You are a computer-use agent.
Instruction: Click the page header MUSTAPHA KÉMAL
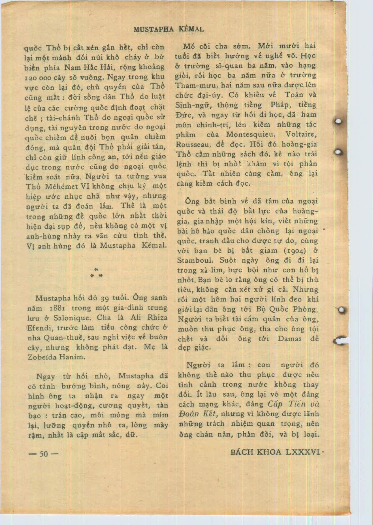point(169,29)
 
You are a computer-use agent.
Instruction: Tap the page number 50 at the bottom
point(44,454)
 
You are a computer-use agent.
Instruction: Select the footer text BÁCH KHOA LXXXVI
point(275,452)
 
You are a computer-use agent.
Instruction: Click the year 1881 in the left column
point(58,308)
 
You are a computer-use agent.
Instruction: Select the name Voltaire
point(301,134)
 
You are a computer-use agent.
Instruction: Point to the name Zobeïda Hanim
point(56,357)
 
